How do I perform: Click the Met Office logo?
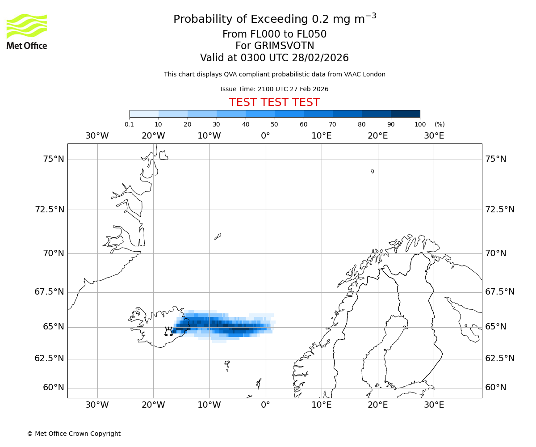point(27,31)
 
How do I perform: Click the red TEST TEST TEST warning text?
point(274,102)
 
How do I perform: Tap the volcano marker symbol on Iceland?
point(168,331)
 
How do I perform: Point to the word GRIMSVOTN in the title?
point(275,46)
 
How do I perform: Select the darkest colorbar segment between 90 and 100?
point(405,114)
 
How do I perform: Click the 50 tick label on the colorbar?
point(274,124)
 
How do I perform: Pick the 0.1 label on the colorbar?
point(130,124)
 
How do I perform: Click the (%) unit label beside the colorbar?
point(440,124)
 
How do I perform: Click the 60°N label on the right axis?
point(496,388)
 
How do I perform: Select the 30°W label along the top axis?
point(97,135)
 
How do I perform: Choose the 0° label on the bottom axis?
point(265,405)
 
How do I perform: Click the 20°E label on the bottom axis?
point(377,405)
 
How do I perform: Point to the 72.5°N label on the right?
point(500,209)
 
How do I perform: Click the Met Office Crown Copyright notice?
point(74,434)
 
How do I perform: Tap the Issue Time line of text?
point(274,89)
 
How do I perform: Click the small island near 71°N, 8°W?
point(218,236)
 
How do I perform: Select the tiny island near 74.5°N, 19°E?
point(373,171)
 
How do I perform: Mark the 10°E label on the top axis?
point(321,135)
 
